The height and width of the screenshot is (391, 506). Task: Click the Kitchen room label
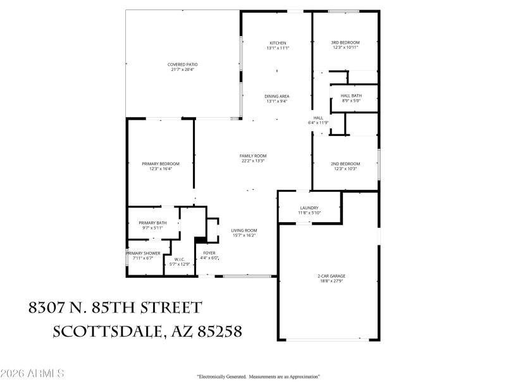click(278, 43)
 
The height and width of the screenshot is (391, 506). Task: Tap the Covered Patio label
click(183, 65)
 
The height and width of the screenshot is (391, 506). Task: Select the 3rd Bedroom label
click(345, 43)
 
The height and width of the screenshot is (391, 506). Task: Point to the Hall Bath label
click(351, 95)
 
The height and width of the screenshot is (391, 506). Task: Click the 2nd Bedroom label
click(345, 163)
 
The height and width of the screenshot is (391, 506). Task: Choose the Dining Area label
click(277, 96)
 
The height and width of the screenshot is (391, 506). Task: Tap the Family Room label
click(252, 156)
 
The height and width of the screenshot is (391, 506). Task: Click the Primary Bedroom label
click(161, 163)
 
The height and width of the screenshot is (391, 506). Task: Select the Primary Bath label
click(152, 223)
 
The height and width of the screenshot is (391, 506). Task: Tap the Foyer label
click(209, 253)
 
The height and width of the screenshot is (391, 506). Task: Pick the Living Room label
click(243, 230)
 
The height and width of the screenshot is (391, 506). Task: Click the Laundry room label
click(309, 208)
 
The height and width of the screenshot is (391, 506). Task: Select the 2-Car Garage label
click(331, 276)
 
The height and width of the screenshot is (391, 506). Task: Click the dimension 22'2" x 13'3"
click(252, 161)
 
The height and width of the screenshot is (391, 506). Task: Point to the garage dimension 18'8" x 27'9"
click(331, 282)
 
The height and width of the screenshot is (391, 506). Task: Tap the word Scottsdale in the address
click(105, 331)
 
